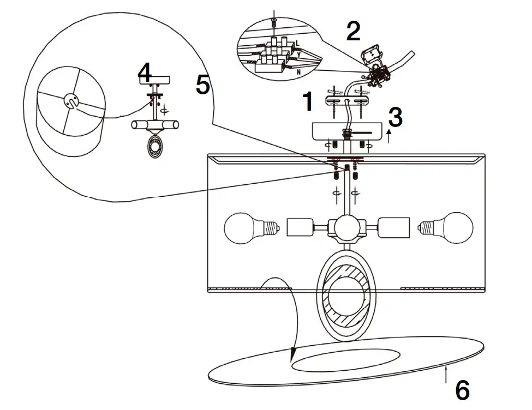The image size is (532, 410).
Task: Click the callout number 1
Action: pos(308,101)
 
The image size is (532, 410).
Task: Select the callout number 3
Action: pos(396,117)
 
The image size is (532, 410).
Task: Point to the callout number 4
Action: pos(145,73)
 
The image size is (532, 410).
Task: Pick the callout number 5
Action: pos(202,85)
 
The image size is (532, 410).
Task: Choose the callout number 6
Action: pos(462,390)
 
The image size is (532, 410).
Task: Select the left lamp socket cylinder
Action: pos(298,226)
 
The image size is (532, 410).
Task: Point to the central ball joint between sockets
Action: pos(345,227)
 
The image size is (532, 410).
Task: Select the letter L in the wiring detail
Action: pos(297,43)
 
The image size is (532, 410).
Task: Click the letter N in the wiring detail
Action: pos(298,71)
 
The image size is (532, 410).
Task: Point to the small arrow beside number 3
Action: pos(388,136)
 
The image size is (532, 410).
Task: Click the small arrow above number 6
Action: pos(447,375)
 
